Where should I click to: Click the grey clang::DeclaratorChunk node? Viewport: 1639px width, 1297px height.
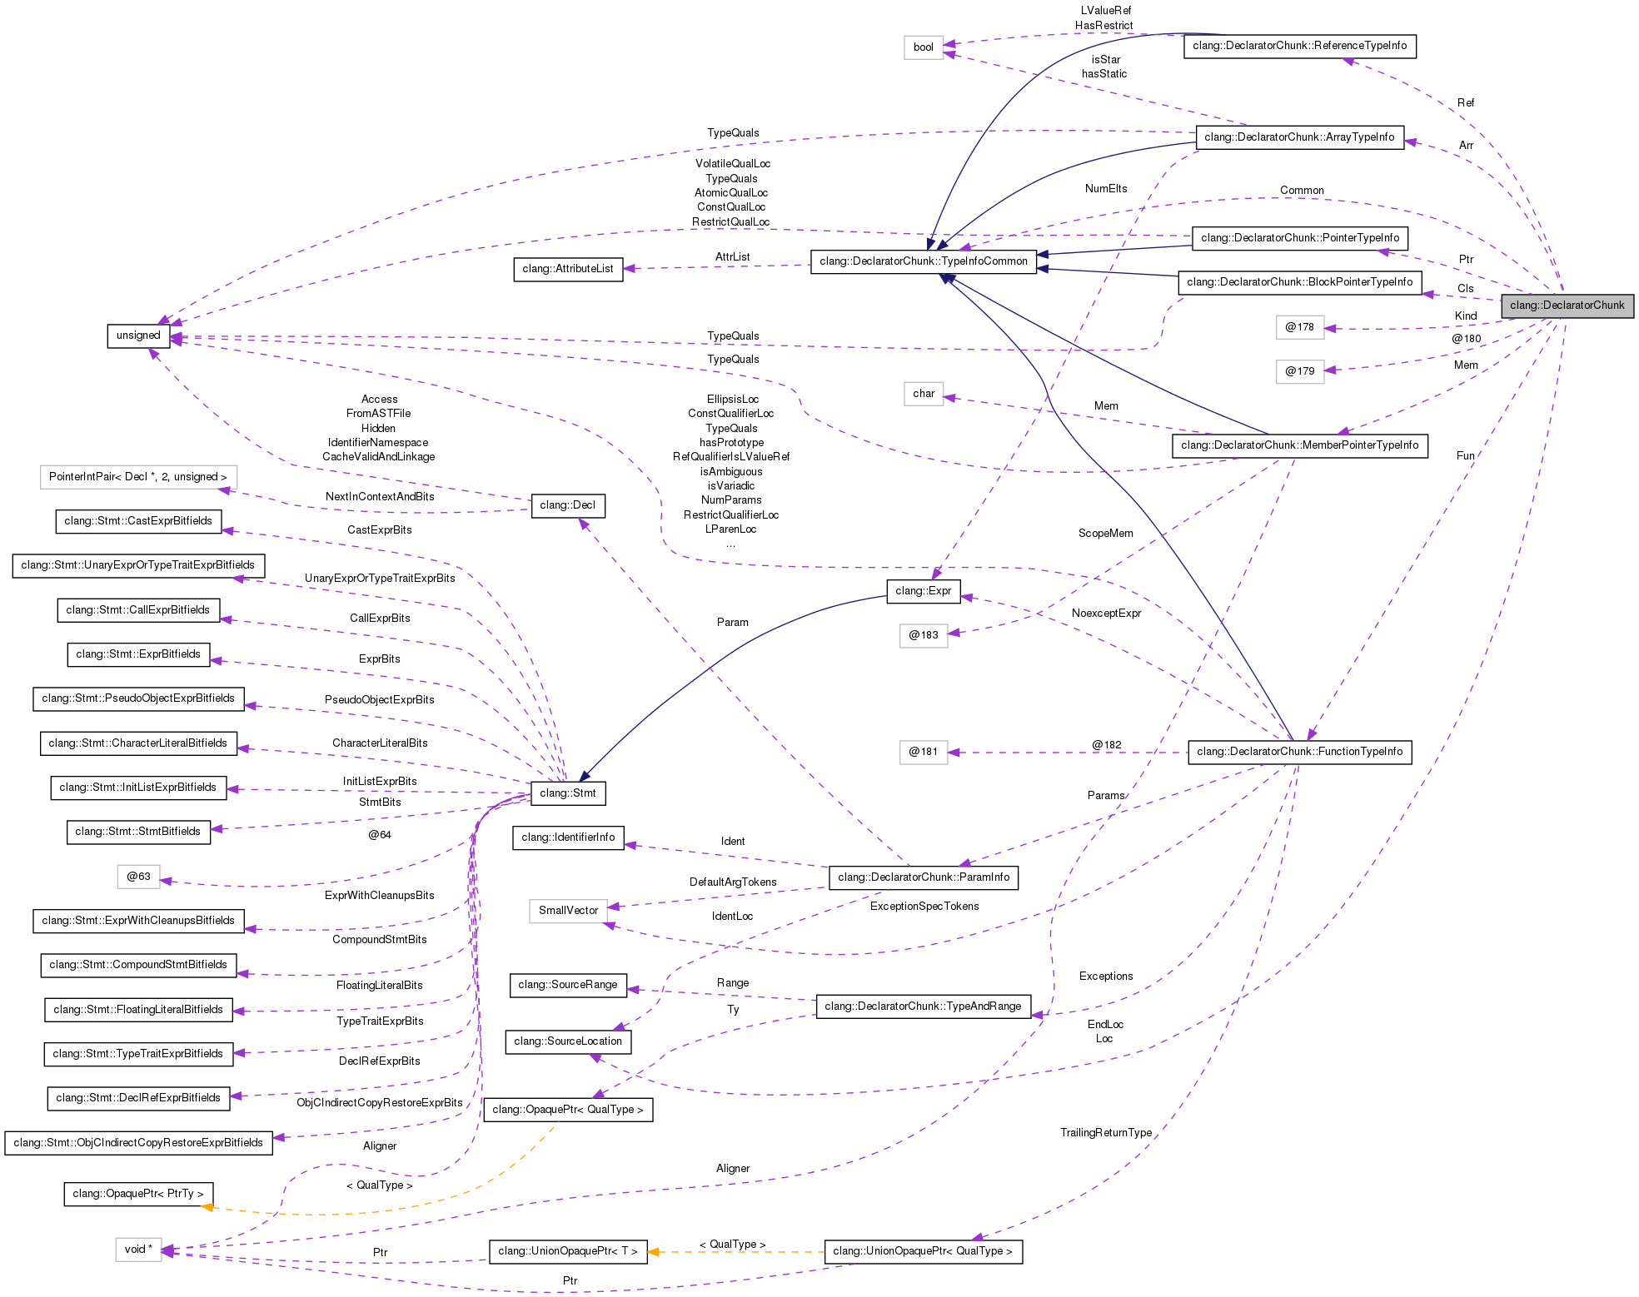[x=1567, y=306]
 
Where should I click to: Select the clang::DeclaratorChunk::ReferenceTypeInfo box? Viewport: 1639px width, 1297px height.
[x=1299, y=46]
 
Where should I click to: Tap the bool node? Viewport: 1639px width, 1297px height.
[x=923, y=47]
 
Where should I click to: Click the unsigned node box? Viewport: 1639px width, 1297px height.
[x=138, y=335]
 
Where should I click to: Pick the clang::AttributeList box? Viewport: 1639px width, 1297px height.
[x=568, y=269]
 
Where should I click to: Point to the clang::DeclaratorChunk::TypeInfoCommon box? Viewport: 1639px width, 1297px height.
[x=924, y=261]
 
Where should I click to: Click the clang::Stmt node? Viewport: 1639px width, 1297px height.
[x=567, y=793]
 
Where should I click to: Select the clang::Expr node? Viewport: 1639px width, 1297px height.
[x=923, y=591]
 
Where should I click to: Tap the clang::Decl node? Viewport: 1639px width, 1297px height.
[x=567, y=505]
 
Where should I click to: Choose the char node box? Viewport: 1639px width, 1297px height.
[x=924, y=394]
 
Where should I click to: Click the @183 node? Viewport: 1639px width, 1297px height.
[x=924, y=635]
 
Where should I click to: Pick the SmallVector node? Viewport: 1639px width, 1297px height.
[x=568, y=911]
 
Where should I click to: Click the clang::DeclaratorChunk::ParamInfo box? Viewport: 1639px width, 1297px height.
[x=924, y=877]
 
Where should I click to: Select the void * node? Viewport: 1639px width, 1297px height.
[x=138, y=1249]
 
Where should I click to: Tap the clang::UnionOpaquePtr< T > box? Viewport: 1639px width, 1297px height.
[x=568, y=1251]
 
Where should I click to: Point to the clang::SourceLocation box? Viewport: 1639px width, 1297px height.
[x=568, y=1041]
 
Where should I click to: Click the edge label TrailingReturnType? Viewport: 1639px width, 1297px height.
[x=1106, y=1133]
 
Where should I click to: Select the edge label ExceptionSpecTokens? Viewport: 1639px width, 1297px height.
[x=924, y=907]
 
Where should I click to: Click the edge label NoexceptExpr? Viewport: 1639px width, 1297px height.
[x=1106, y=614]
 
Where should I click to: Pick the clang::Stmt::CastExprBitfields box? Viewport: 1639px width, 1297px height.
[x=138, y=521]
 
